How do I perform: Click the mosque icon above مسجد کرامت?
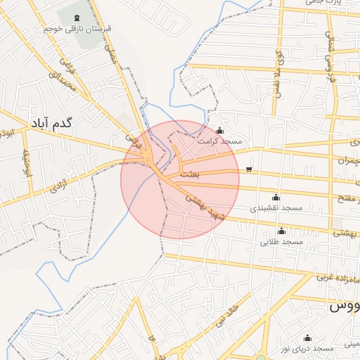point(221,130)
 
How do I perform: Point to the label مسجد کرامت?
point(221,141)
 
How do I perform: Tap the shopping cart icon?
point(250,169)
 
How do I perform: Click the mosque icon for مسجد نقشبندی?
point(276,197)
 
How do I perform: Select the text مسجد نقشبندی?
point(276,208)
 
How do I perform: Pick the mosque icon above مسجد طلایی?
point(281,231)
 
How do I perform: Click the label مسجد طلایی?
point(281,242)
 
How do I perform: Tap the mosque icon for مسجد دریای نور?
point(307,337)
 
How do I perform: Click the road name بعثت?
point(190,172)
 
